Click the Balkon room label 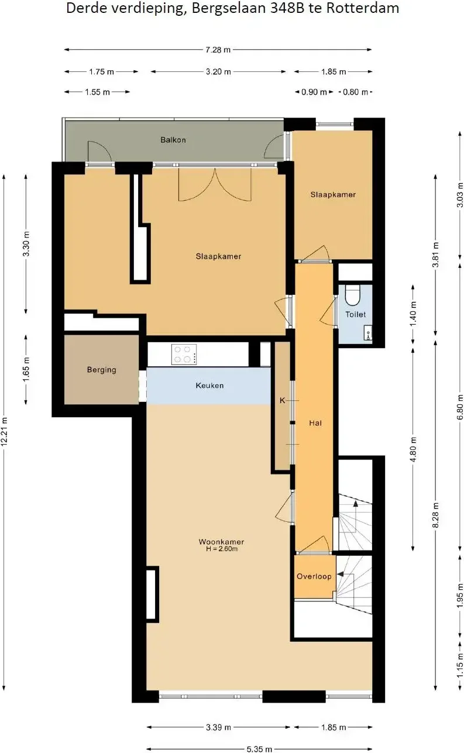click(173, 140)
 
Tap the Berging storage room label click(102, 370)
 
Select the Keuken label click(209, 385)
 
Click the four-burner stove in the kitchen click(184, 355)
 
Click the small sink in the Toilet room click(368, 333)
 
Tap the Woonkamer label click(221, 542)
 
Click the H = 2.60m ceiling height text click(222, 549)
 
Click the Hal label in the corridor click(315, 423)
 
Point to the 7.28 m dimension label click(218, 50)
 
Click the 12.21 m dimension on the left click(4, 431)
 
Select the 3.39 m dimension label click(219, 727)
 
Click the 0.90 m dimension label click(314, 92)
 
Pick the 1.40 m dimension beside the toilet click(413, 314)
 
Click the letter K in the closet click(283, 400)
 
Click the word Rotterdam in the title click(363, 8)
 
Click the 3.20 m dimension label click(219, 71)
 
